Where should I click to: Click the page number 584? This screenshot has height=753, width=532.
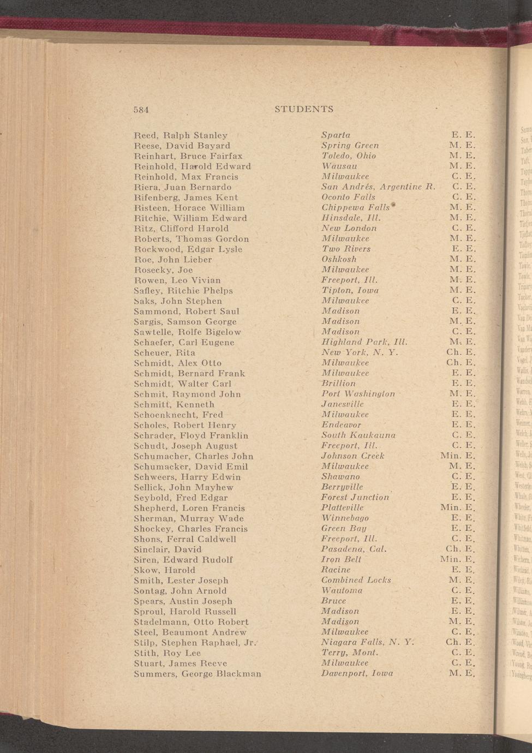point(141,109)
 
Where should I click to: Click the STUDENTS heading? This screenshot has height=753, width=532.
point(304,109)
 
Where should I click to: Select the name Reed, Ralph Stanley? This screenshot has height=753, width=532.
point(181,135)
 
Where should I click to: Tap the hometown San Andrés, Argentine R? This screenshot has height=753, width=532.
point(378,187)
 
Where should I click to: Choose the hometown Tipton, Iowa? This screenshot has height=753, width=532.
point(350,291)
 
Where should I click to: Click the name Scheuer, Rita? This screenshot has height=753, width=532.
point(165,353)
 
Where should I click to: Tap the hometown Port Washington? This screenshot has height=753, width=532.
point(358,394)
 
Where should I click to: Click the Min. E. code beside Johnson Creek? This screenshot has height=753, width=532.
point(458,456)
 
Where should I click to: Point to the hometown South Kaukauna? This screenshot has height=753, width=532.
point(358,435)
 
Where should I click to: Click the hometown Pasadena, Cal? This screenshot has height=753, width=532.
point(354,549)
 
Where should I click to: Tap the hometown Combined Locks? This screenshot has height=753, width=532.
point(356,581)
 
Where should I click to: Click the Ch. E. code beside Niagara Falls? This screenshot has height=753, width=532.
point(461,643)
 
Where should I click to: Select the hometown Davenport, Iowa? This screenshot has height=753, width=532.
point(357,674)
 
